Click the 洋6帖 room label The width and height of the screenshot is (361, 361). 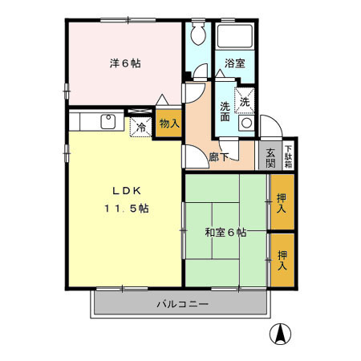(125, 63)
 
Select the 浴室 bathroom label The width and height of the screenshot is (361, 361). (233, 63)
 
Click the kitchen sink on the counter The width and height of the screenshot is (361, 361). (107, 121)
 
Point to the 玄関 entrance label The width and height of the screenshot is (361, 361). (271, 156)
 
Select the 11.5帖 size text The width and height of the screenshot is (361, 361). (125, 209)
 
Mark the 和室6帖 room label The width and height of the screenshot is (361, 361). (225, 233)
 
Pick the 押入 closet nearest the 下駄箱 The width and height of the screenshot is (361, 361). (282, 203)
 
